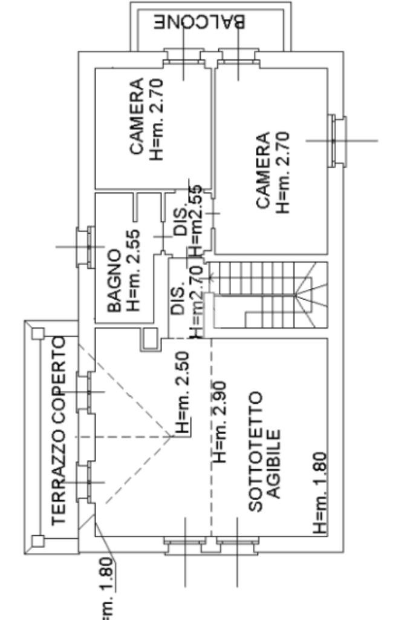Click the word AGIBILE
click(274, 464)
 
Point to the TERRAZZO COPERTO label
click(59, 430)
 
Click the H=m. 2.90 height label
click(220, 421)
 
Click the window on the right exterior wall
click(337, 140)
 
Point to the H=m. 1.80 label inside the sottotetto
click(320, 493)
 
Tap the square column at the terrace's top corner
click(38, 332)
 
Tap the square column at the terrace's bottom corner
click(38, 541)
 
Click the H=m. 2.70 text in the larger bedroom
click(284, 173)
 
